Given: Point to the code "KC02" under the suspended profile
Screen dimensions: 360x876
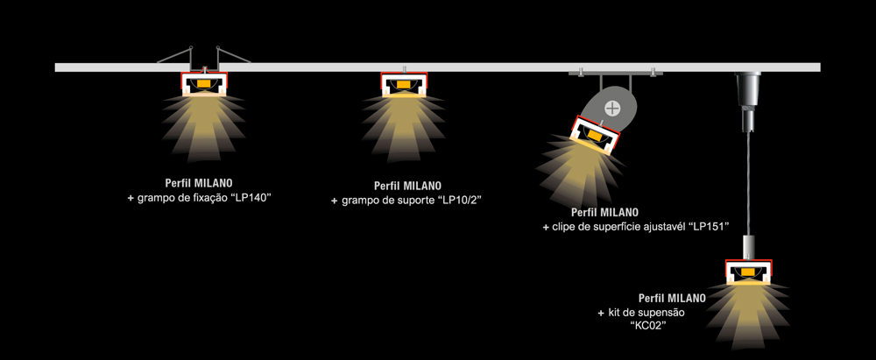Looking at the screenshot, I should (649, 326).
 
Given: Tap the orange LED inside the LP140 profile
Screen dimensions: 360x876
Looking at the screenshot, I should (204, 84).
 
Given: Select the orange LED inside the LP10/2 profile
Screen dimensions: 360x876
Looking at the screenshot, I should (403, 86).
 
